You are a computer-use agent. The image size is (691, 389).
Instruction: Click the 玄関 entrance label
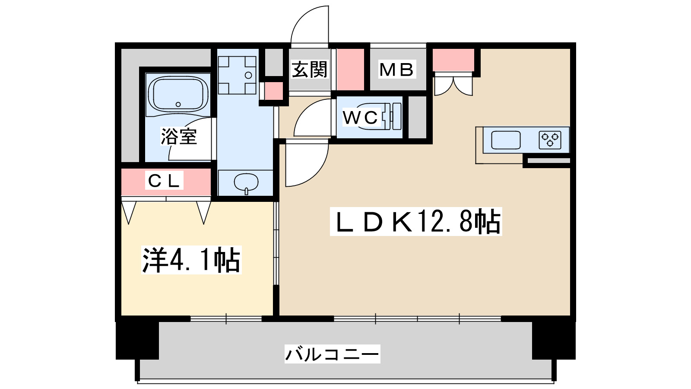coord(310,70)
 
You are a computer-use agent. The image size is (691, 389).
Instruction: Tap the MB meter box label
coord(396,70)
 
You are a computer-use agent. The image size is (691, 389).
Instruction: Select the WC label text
coord(360,117)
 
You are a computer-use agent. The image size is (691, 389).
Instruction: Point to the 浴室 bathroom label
coord(179,137)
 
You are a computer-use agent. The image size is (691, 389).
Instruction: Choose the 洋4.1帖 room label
coord(191,260)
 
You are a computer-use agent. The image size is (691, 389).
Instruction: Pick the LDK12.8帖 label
coord(415,222)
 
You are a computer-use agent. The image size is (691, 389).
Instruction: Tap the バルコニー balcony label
coord(332,354)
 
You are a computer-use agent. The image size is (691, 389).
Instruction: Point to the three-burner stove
coord(550,140)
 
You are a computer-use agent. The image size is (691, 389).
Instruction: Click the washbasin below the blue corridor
coord(246,182)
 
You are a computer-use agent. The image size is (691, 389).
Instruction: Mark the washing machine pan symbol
coord(237,75)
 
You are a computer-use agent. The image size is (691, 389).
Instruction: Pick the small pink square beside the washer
coord(273,91)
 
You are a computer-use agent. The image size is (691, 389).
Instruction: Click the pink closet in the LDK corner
coord(453,60)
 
